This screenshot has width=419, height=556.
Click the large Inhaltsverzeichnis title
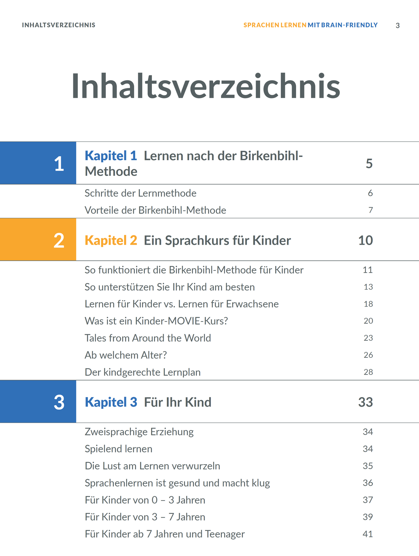[206, 87]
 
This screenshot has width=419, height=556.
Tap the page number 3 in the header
[397, 25]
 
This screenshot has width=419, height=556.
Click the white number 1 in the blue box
[59, 163]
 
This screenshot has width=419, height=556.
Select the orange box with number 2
[38, 240]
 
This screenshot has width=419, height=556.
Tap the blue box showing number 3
[38, 402]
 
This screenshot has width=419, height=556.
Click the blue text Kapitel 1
[111, 156]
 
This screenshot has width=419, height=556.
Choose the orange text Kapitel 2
[111, 240]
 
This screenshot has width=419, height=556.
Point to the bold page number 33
[365, 402]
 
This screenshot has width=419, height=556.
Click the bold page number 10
[365, 240]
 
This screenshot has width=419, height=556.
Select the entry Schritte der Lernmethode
[140, 193]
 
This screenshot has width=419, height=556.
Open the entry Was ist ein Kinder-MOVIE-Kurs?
[156, 321]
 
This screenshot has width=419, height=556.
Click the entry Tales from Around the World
[148, 338]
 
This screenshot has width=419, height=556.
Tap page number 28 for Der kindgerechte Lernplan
[368, 372]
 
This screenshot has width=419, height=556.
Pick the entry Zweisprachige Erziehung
[139, 432]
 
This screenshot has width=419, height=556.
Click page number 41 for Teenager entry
[368, 534]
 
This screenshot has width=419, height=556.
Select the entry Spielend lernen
[118, 449]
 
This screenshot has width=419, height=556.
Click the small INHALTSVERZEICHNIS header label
[59, 25]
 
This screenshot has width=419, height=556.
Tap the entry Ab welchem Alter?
[126, 355]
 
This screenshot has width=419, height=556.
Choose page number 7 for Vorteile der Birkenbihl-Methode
[370, 210]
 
